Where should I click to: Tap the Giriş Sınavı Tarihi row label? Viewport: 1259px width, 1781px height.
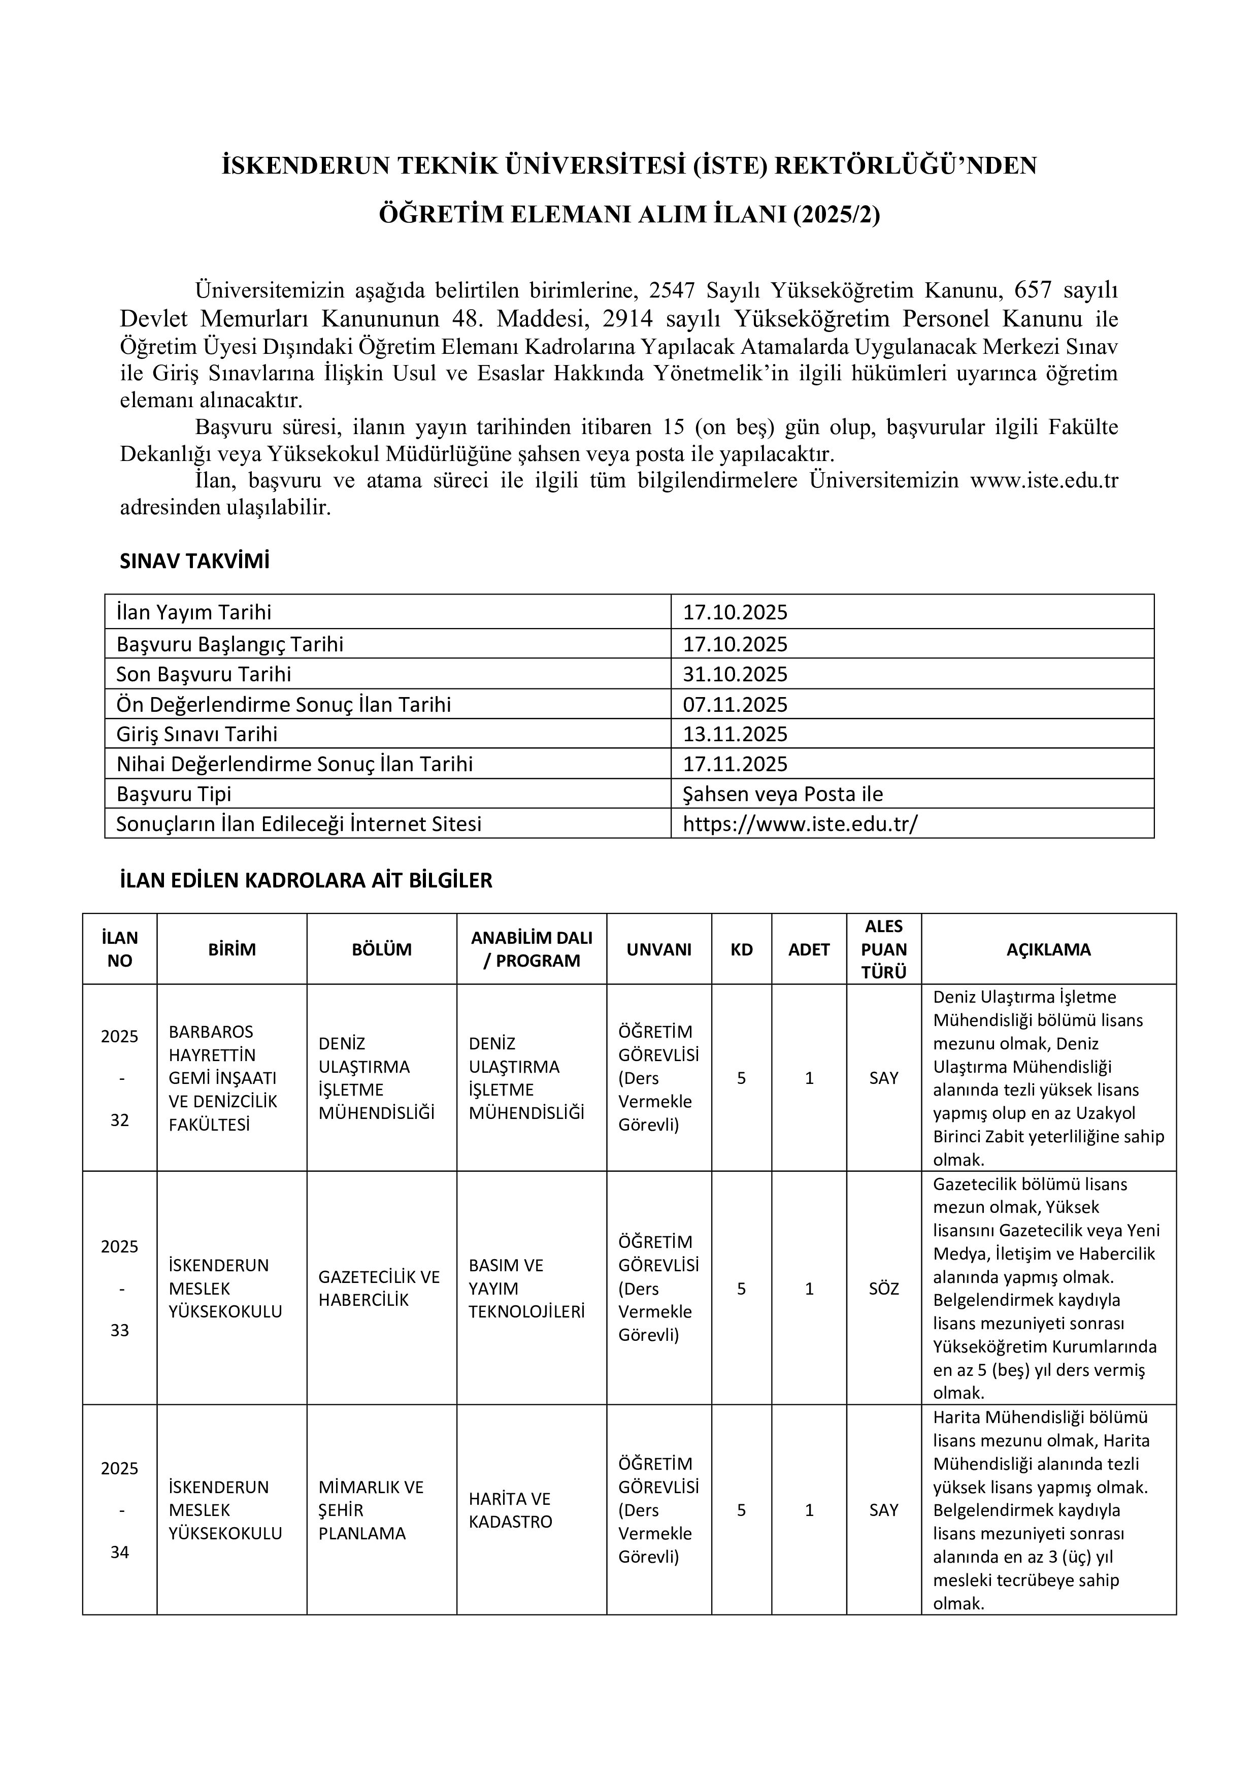(x=197, y=734)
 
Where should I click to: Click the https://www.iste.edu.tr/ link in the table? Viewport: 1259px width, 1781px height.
(x=800, y=824)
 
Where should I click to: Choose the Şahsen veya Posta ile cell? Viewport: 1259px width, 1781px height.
(x=783, y=794)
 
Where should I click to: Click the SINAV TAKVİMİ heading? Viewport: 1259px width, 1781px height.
(x=195, y=562)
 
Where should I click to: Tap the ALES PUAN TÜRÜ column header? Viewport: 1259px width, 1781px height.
(x=883, y=949)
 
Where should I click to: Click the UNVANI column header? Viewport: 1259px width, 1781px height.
(x=658, y=949)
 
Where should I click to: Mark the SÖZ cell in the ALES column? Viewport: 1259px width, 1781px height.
(x=883, y=1289)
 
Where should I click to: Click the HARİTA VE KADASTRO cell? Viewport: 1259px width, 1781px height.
(x=510, y=1510)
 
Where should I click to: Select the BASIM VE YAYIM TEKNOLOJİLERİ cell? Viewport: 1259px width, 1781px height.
(x=526, y=1289)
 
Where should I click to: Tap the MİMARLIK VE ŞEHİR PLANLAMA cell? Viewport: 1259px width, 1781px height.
(x=371, y=1510)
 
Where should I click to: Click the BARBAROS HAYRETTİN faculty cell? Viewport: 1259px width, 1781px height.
(x=223, y=1078)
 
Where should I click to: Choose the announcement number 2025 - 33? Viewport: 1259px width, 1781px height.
(x=119, y=1289)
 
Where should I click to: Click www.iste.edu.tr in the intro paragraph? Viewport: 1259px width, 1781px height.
(x=1044, y=481)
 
